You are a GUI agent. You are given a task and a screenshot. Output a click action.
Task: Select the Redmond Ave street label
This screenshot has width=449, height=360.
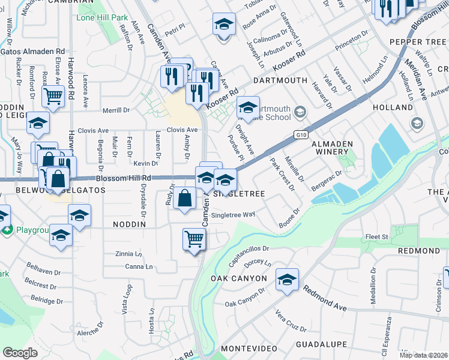tap(325, 298)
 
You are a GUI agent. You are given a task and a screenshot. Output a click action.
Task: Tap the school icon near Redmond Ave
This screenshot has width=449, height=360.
tap(287, 280)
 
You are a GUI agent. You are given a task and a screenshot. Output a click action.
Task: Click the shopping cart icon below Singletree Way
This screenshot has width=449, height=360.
tap(194, 239)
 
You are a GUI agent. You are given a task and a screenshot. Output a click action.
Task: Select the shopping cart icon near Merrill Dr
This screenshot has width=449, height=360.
tap(53, 95)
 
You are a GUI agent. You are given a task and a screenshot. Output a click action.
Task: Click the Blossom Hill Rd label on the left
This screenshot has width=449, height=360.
tap(123, 178)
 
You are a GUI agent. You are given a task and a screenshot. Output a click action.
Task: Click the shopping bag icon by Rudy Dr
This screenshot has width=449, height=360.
tap(185, 198)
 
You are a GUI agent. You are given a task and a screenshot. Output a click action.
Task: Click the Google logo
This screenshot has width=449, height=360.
tap(20, 352)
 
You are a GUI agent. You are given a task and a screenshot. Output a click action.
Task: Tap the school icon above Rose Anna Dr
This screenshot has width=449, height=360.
tap(224, 25)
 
